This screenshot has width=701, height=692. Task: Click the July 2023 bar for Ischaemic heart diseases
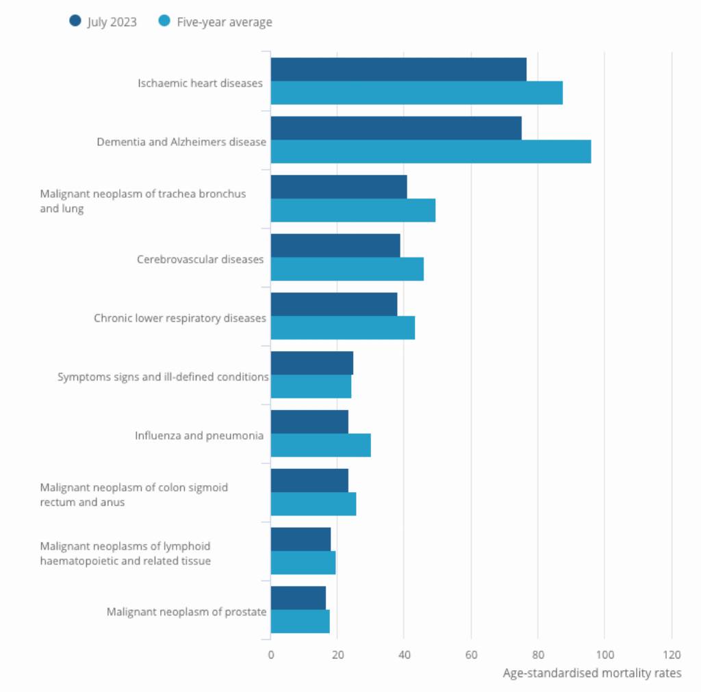pos(398,69)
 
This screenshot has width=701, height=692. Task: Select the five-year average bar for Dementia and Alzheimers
pos(431,152)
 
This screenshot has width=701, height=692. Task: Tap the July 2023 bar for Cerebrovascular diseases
pos(335,245)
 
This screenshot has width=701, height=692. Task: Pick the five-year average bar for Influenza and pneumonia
pos(320,445)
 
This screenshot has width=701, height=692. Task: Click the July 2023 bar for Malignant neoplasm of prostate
pos(298,598)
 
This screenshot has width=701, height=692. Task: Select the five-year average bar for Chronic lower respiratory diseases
pos(342,328)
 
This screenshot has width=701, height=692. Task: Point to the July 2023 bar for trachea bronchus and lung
pos(339,187)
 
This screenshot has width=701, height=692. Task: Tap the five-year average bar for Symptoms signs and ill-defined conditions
pos(311,387)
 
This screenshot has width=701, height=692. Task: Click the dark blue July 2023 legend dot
pos(75,21)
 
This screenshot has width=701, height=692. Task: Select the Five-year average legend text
pos(225,22)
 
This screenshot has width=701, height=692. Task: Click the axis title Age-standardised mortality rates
pos(592,673)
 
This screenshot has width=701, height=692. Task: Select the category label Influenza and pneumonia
pos(199,435)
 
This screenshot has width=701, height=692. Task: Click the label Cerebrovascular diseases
pos(200,259)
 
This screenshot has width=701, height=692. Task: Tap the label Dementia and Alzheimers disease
pos(181,142)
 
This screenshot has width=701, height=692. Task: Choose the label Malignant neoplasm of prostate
pos(186,612)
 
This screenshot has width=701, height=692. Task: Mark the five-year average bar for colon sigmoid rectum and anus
pos(314,504)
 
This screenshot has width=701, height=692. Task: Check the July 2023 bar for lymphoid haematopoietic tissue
pos(301,539)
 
